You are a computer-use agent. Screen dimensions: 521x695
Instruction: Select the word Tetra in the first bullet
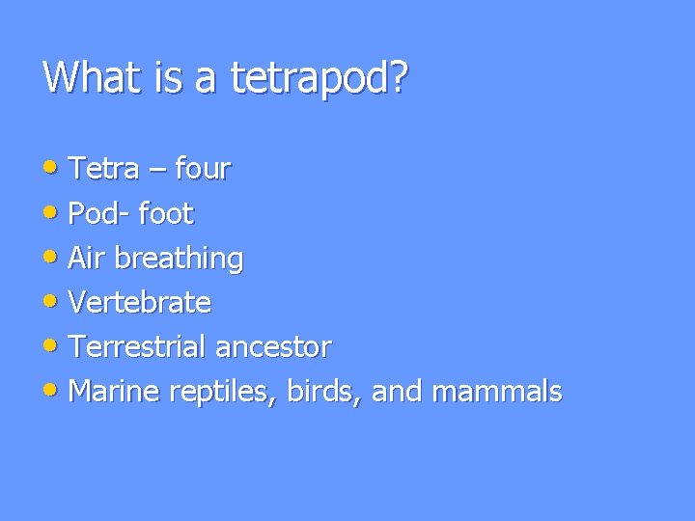point(106,170)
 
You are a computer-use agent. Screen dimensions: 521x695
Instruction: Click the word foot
point(166,213)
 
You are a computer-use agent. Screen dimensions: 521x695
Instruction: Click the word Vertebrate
point(141,302)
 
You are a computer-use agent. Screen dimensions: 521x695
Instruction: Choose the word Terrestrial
point(139,346)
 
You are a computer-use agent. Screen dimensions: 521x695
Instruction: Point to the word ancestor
point(274,347)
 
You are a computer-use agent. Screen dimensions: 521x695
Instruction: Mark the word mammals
point(497,392)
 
